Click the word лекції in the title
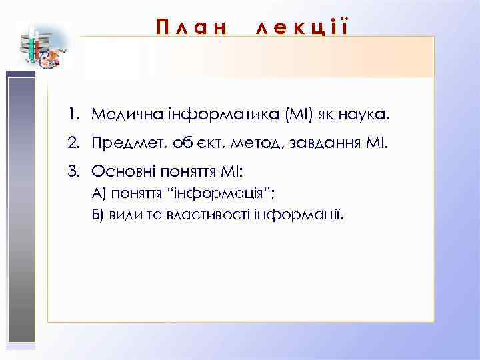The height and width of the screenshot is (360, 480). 301,27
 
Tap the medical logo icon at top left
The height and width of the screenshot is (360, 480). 39,47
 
